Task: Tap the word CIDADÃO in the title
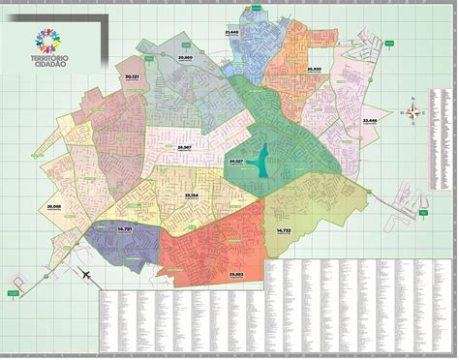pos(47,65)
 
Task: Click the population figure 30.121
pos(133,75)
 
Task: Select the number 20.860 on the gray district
pos(186,58)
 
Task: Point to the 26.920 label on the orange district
pos(314,70)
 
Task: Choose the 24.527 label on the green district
pos(236,161)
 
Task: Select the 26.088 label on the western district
pos(53,206)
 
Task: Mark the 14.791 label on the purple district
pos(125,227)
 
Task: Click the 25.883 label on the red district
pos(237,274)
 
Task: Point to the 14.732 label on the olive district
pos(284,229)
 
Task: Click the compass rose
pos(414,112)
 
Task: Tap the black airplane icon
pos(87,275)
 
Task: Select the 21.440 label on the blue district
pos(232,33)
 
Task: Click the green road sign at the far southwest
pos(13,287)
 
